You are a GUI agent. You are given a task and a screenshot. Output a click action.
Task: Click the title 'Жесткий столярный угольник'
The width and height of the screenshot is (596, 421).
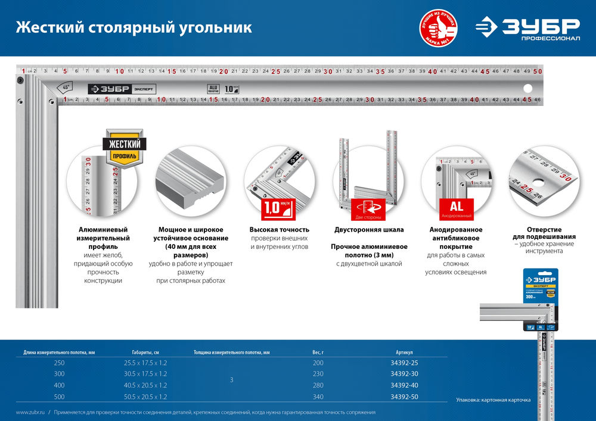134,27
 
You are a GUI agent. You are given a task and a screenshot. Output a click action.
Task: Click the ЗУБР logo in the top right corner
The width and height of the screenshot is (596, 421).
528,28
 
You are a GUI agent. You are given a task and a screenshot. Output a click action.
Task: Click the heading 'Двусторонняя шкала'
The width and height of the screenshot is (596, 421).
370,229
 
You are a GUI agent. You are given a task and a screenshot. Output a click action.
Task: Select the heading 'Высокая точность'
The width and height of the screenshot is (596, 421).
280,229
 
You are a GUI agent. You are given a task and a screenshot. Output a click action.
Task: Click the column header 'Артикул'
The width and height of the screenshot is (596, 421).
404,352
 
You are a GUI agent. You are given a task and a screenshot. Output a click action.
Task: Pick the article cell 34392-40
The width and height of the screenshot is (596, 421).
404,385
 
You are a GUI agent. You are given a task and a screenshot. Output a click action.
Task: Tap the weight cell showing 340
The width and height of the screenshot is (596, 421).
318,395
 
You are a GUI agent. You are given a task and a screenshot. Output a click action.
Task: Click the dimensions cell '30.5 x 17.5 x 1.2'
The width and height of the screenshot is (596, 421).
145,374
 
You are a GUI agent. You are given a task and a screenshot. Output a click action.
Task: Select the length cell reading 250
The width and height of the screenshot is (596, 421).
59,363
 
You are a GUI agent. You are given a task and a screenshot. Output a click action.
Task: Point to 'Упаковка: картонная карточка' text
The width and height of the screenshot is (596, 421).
492,400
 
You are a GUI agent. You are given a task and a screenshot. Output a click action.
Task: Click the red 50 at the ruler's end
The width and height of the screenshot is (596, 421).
538,71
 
